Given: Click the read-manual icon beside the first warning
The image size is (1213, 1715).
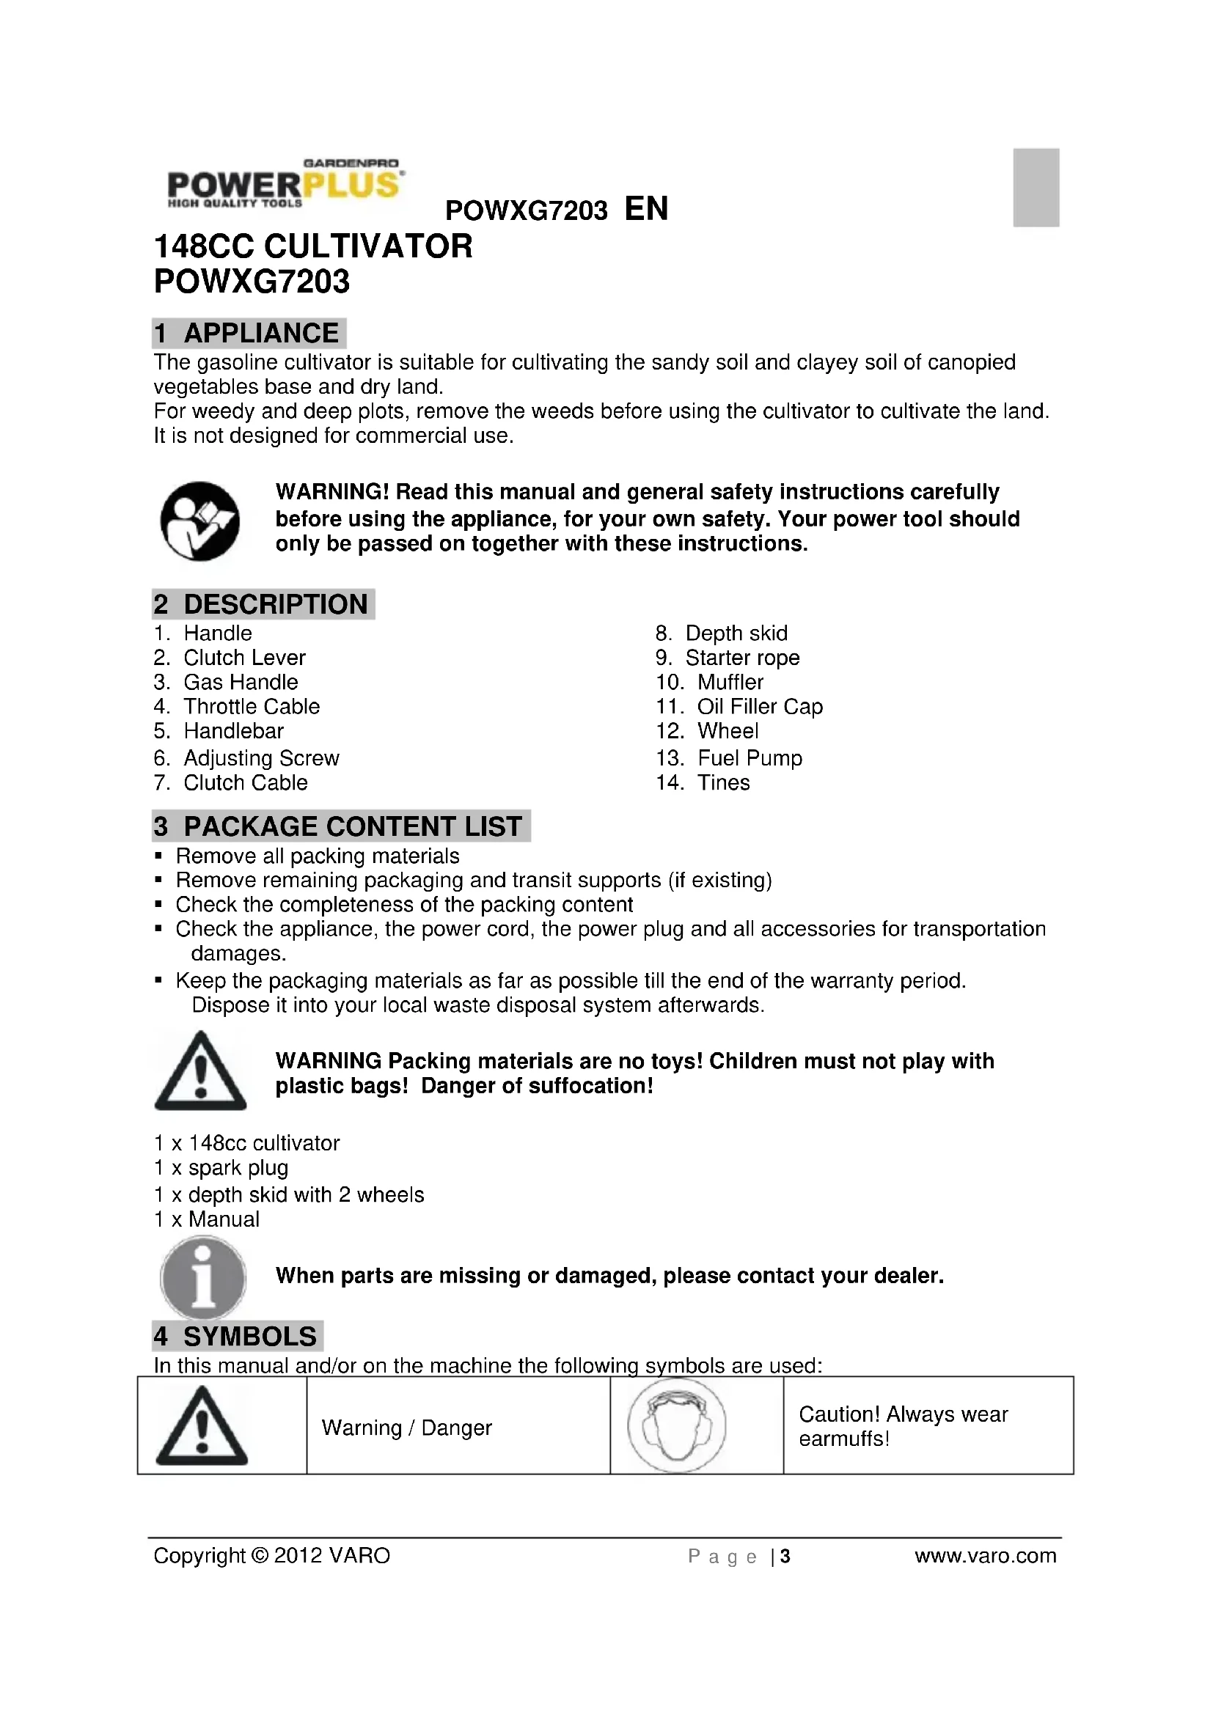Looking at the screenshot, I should click(200, 521).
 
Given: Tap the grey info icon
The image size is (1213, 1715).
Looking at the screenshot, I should click(202, 1277).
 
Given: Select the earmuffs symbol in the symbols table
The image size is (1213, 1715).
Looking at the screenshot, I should click(677, 1425).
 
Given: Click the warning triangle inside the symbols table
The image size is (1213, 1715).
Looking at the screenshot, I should click(202, 1426).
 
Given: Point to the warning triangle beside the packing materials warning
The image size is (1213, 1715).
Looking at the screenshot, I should click(200, 1072).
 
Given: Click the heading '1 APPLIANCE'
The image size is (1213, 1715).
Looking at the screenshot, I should click(249, 333).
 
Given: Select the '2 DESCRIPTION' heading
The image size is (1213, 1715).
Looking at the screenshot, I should click(263, 604).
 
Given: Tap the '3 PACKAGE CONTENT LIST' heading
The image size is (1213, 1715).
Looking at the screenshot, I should click(340, 826).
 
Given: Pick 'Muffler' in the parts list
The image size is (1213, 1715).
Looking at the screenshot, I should click(730, 682).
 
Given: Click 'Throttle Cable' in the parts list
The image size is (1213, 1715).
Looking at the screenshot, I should click(252, 707).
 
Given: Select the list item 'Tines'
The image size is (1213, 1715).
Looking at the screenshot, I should click(723, 783).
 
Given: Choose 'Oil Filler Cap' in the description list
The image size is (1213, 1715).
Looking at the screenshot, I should click(760, 707).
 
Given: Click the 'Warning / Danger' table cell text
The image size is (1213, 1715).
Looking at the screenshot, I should click(406, 1428).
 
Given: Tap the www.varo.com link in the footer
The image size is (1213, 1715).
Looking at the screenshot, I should click(985, 1556).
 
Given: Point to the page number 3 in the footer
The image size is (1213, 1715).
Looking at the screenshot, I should click(785, 1557).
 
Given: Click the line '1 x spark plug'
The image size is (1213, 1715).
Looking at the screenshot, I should click(221, 1167).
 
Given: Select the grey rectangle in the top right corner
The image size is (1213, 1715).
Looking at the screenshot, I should click(1036, 188).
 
